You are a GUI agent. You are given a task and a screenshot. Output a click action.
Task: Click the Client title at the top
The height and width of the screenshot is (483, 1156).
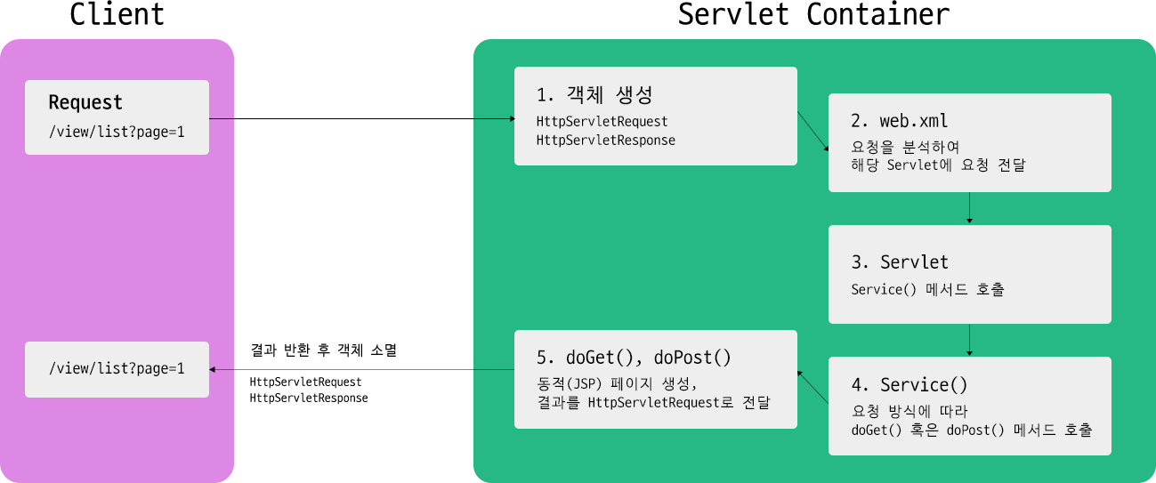coord(117,15)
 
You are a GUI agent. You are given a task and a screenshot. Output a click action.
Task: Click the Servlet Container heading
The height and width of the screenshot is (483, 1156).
coord(813,15)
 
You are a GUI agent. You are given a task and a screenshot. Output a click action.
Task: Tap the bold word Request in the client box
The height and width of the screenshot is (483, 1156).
coord(85,103)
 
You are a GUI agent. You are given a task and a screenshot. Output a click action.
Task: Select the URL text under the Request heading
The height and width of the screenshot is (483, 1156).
coord(117,133)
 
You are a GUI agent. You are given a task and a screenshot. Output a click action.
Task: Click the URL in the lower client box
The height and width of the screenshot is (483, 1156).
coord(117,367)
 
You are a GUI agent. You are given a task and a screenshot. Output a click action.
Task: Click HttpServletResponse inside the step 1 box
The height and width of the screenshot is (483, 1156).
coord(605,141)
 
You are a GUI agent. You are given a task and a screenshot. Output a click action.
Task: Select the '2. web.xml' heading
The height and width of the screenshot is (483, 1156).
coord(900,121)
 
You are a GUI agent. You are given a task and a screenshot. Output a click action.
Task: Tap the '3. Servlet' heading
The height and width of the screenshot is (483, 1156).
coord(900,262)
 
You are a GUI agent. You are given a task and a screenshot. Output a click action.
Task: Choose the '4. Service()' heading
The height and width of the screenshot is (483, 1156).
coord(909,385)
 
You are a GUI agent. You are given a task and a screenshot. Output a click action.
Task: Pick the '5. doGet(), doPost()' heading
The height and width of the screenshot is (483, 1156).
coord(634,358)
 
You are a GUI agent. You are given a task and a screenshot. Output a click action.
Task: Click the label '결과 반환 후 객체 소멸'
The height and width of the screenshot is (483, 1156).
coord(323,350)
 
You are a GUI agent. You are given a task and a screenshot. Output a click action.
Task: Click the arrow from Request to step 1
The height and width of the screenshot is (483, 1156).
coord(361,118)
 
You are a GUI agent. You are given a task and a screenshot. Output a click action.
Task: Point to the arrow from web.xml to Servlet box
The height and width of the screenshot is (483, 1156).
coord(969,207)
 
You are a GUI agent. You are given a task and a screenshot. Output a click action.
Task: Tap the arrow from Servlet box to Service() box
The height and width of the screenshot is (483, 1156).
coord(969,339)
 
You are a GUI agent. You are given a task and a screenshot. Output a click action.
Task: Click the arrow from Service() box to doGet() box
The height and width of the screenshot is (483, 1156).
coord(812,388)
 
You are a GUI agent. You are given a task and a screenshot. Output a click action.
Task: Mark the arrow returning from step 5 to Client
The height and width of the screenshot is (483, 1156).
coord(361,369)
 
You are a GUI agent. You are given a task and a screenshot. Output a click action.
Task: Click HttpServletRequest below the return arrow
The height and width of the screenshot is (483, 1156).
coord(305,382)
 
